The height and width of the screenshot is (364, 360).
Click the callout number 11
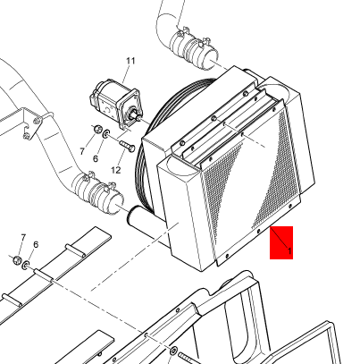[130, 61]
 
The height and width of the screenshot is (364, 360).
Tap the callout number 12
[116, 170]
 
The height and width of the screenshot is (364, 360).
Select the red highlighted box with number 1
[281, 242]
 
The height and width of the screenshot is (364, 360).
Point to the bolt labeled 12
[127, 146]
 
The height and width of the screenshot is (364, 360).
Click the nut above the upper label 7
[97, 130]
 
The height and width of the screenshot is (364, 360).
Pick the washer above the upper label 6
[106, 134]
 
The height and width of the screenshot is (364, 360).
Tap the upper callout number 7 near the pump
[82, 151]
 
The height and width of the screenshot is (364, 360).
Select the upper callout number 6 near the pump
[96, 158]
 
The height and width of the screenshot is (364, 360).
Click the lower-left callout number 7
[23, 237]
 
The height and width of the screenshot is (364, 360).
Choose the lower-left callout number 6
[36, 245]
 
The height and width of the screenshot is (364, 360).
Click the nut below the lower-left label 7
[17, 260]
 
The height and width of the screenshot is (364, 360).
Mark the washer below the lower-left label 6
[26, 265]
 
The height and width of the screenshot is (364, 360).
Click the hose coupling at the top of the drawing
[194, 47]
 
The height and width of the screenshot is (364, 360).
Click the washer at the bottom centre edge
[173, 351]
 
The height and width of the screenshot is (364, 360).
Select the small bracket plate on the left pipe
[32, 123]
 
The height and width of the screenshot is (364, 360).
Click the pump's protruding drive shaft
[136, 115]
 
